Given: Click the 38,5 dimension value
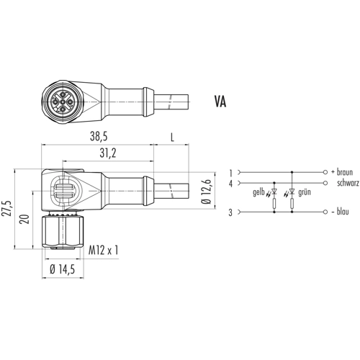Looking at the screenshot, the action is point(99,137).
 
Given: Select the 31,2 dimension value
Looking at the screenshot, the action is point(108,153).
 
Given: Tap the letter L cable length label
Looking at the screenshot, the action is point(172,138).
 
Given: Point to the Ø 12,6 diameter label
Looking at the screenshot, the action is point(207,192).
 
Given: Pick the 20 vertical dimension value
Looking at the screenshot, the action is point(24,219).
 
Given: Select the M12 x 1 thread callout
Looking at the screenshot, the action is point(104,251).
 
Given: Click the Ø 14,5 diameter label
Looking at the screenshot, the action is point(63,269).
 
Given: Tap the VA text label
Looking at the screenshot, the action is point(220,102).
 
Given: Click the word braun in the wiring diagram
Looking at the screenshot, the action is point(345,172).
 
